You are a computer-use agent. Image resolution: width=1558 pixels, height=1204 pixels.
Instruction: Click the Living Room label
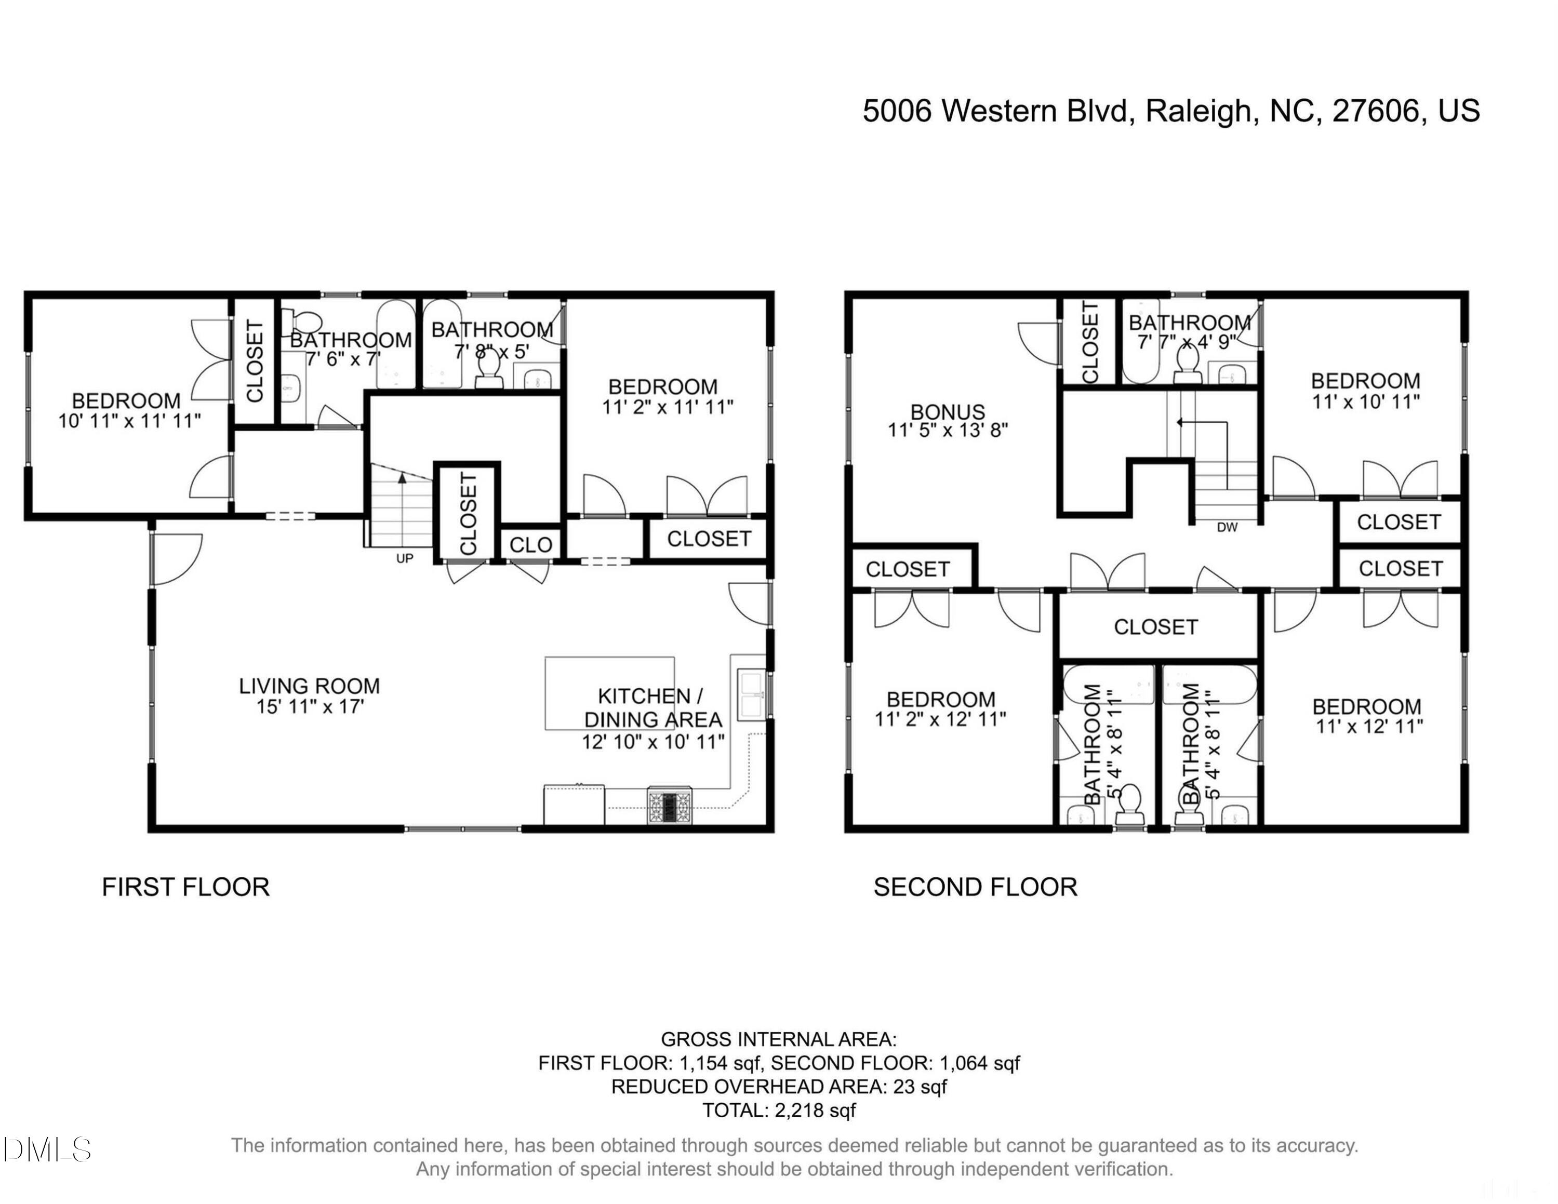pos(309,686)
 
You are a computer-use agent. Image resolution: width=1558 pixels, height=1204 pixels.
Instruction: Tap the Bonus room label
pos(948,412)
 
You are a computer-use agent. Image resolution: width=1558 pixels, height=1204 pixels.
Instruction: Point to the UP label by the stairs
pos(405,558)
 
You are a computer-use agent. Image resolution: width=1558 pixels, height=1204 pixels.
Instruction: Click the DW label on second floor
pos(1227,528)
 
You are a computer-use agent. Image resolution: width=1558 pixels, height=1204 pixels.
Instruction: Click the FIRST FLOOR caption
pos(185,887)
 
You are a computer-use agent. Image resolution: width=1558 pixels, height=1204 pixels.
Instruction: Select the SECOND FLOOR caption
pos(975,887)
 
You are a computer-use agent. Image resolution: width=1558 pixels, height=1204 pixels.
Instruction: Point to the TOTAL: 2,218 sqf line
pos(779,1111)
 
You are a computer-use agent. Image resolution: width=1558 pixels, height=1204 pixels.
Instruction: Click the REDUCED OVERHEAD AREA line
pos(779,1087)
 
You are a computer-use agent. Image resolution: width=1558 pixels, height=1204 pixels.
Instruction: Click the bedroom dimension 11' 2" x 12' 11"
pos(940,719)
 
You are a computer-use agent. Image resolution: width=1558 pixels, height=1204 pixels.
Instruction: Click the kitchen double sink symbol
pos(751,694)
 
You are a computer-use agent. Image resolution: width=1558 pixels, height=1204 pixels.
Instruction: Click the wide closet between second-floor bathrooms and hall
pos(1156,627)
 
